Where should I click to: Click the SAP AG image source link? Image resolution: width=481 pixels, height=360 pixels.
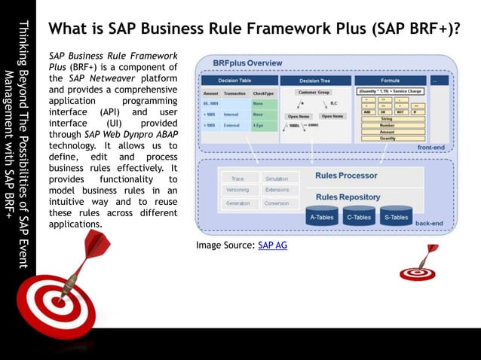point(272,246)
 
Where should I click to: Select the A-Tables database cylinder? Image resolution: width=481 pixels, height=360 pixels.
point(322,217)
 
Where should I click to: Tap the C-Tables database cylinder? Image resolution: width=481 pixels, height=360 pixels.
point(360,217)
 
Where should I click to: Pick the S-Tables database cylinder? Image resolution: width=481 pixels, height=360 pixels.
point(397,217)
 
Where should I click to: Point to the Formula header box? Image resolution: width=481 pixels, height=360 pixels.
point(391,80)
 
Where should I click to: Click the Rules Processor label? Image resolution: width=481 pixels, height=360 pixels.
point(346,175)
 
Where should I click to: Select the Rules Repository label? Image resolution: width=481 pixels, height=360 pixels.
point(348,197)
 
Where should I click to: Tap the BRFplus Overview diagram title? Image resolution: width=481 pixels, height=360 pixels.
point(247,63)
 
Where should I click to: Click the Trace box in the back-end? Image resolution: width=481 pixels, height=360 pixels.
point(237,179)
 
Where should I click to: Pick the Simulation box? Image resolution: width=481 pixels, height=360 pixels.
point(277,179)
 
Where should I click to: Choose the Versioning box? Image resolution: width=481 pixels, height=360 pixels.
point(237,191)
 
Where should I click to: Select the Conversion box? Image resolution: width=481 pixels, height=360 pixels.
point(277,203)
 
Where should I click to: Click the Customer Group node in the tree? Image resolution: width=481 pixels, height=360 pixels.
point(314,92)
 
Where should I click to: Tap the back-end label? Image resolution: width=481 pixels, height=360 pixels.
point(428,224)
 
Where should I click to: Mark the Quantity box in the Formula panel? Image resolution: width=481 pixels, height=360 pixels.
point(388,139)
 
